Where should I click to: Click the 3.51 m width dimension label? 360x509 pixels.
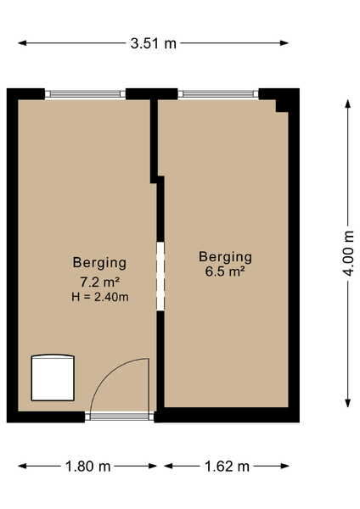pyautogui.click(x=153, y=43)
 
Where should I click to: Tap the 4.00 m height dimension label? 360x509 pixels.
pyautogui.click(x=348, y=253)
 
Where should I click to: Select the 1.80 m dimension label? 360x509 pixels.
pyautogui.click(x=87, y=467)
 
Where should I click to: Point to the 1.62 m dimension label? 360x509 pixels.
pyautogui.click(x=227, y=467)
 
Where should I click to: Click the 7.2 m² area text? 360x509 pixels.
pyautogui.click(x=100, y=282)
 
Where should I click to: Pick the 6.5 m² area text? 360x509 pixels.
pyautogui.click(x=224, y=271)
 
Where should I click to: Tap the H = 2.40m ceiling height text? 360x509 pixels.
pyautogui.click(x=100, y=297)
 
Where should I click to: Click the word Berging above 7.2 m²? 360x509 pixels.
pyautogui.click(x=99, y=263)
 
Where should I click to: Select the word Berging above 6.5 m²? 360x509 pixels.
pyautogui.click(x=225, y=257)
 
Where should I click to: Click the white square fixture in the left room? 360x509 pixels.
pyautogui.click(x=53, y=378)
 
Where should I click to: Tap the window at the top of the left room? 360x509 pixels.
pyautogui.click(x=85, y=94)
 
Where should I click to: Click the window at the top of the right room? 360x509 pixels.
pyautogui.click(x=218, y=94)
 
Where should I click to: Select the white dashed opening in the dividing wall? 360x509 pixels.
pyautogui.click(x=160, y=277)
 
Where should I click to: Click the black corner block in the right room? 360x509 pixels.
pyautogui.click(x=282, y=105)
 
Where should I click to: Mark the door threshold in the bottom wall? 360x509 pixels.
pyautogui.click(x=120, y=417)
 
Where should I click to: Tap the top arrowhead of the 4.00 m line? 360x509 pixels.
pyautogui.click(x=348, y=103)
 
